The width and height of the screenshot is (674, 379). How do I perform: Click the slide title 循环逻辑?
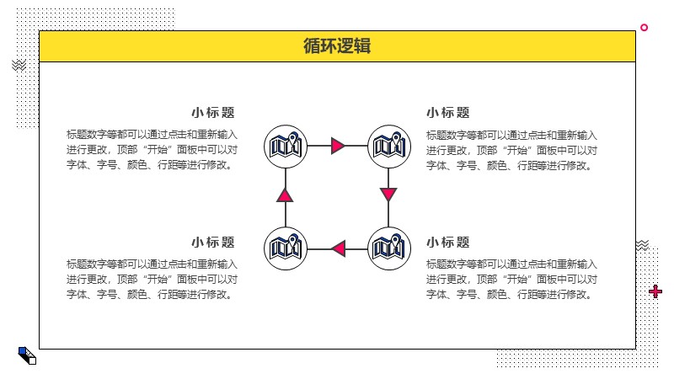pyautogui.click(x=337, y=46)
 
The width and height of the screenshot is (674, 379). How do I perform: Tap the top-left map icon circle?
pyautogui.click(x=286, y=147)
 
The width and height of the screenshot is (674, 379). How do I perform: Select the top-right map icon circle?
pyautogui.click(x=389, y=147)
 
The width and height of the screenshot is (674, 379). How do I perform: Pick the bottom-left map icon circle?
pyautogui.click(x=286, y=248)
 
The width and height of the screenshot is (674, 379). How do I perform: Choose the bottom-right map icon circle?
pyautogui.click(x=389, y=248)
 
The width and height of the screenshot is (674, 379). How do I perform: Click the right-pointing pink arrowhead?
pyautogui.click(x=338, y=146)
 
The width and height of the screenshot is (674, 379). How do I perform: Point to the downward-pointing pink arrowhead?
pyautogui.click(x=388, y=195)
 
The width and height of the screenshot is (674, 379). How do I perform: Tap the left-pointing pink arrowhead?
pyautogui.click(x=339, y=248)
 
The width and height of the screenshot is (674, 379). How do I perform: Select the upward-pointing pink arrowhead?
pyautogui.click(x=285, y=195)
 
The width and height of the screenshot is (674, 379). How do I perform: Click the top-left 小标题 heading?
pyautogui.click(x=213, y=113)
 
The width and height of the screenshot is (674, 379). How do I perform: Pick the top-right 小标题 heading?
pyautogui.click(x=448, y=113)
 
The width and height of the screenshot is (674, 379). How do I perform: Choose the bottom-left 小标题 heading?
pyautogui.click(x=213, y=243)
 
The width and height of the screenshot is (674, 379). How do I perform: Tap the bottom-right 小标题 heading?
pyautogui.click(x=448, y=243)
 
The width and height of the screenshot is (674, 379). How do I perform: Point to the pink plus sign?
pyautogui.click(x=655, y=291)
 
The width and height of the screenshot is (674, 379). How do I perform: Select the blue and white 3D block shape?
pyautogui.click(x=27, y=355)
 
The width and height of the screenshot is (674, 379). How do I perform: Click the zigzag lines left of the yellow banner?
pyautogui.click(x=19, y=66)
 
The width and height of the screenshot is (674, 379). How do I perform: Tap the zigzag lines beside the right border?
pyautogui.click(x=642, y=245)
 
